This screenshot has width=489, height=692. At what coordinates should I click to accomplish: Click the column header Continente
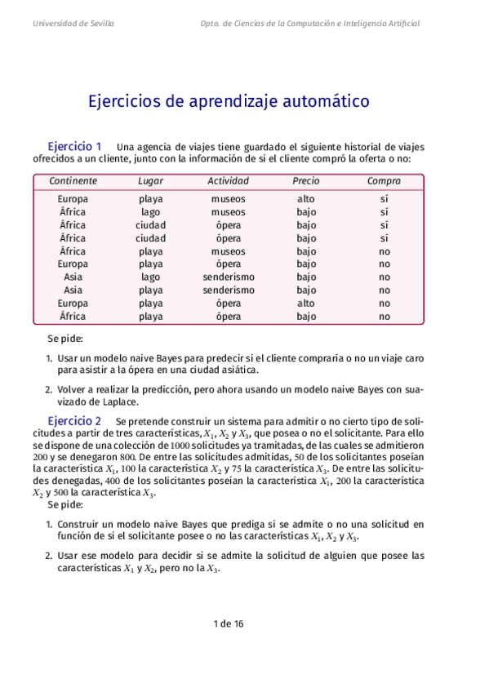73,180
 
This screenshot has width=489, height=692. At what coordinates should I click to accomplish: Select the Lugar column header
150,180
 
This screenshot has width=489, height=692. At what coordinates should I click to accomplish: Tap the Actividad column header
228,180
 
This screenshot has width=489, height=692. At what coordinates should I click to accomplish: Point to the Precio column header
305,180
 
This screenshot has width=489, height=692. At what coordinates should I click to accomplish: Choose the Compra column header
384,180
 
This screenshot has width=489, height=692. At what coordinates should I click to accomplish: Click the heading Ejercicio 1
75,146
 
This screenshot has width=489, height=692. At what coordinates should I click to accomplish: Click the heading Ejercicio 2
75,420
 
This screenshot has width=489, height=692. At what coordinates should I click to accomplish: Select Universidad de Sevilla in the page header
73,24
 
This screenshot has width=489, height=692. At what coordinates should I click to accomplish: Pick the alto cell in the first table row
305,198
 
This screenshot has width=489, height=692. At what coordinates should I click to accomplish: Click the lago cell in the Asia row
150,277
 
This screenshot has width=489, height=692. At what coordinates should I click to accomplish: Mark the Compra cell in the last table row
384,317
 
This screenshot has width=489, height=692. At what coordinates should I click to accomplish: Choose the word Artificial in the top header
400,24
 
